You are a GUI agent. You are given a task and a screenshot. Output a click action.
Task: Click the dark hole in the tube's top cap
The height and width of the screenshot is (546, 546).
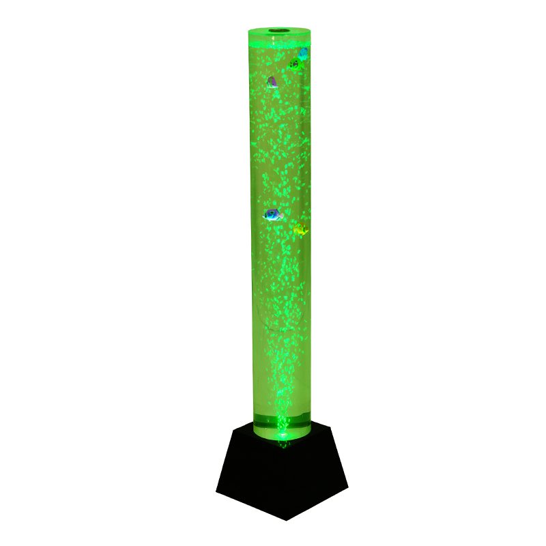(280, 31)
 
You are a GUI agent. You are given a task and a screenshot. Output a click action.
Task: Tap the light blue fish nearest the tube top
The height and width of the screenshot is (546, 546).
(303, 53)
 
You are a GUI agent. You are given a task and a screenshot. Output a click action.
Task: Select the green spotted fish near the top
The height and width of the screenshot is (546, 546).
(295, 66)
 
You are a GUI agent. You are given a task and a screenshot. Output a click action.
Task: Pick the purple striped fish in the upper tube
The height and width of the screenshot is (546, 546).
(272, 82)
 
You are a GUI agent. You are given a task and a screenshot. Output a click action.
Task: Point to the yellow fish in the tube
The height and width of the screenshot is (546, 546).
(300, 231)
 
